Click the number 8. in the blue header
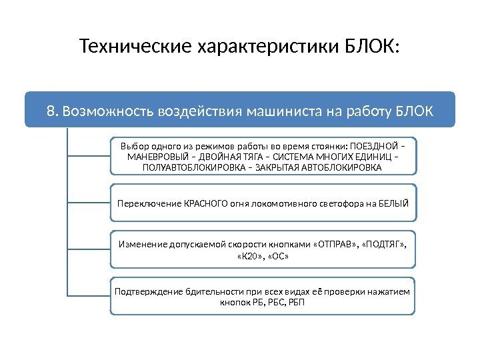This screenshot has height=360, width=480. click(53, 110)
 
